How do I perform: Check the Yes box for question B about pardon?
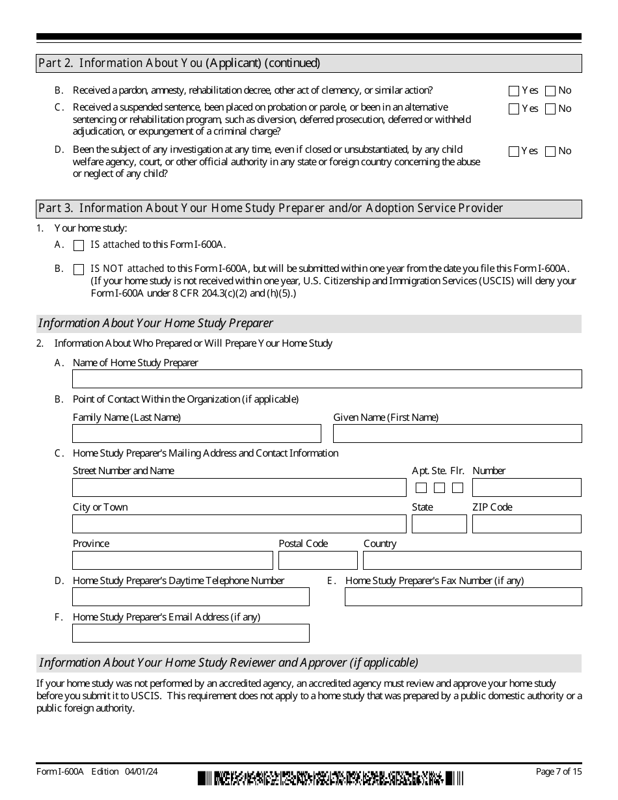(x=514, y=91)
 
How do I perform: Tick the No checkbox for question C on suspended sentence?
(x=550, y=109)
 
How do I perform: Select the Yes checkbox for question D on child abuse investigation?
(x=514, y=152)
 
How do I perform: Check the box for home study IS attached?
(x=79, y=246)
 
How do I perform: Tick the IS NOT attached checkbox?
(x=79, y=269)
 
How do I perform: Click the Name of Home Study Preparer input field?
(x=327, y=379)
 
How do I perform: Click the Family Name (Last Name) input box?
(x=196, y=434)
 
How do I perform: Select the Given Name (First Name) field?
(x=457, y=434)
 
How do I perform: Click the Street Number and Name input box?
(x=239, y=488)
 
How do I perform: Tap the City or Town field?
(x=239, y=524)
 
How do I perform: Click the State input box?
(x=439, y=524)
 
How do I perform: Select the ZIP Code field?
(x=526, y=524)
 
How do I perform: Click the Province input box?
(x=172, y=561)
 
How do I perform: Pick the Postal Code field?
(x=317, y=561)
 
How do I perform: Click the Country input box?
(x=472, y=561)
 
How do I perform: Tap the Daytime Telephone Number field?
(x=191, y=597)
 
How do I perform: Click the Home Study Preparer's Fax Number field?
(x=463, y=597)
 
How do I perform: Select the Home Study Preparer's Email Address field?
(x=191, y=633)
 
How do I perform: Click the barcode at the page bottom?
(x=330, y=778)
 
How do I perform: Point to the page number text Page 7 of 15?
(x=558, y=771)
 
